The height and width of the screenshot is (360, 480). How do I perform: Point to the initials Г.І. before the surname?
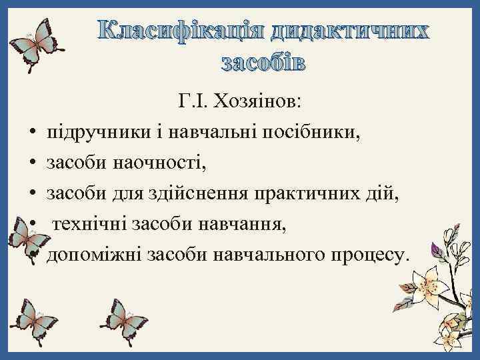click(194, 102)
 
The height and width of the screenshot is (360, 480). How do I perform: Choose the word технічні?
click(87, 223)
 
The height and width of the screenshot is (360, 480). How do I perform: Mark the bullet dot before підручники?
click(31, 133)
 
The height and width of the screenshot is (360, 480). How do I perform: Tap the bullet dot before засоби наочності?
click(31, 163)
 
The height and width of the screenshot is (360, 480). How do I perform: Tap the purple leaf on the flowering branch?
click(439, 251)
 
